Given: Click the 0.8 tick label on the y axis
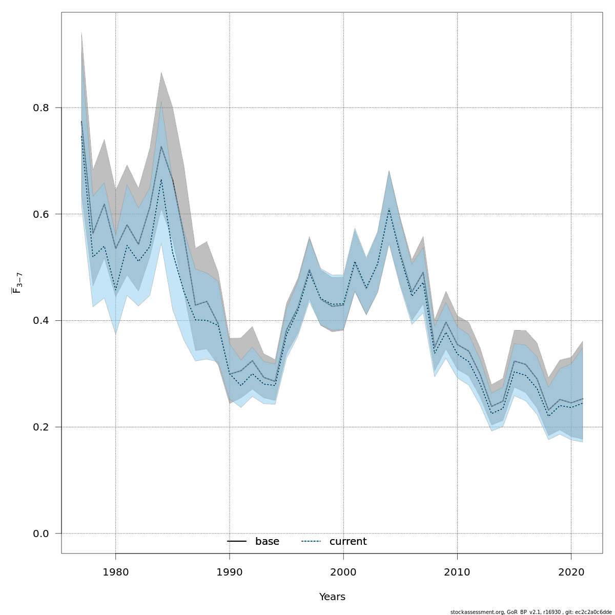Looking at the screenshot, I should point(40,108).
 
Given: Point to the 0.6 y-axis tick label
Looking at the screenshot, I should point(40,214).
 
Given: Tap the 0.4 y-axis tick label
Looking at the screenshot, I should point(40,321).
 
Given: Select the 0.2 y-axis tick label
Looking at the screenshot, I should point(40,427).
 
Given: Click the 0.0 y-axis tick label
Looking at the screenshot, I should point(40,534).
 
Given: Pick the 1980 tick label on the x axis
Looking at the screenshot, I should point(115,572).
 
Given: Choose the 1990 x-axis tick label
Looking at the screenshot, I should point(229,572).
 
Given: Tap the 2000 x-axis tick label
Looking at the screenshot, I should point(343,572).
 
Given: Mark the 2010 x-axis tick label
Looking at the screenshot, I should point(457,572).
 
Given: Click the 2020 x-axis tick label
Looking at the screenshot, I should point(571,572).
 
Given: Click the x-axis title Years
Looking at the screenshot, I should point(332,597).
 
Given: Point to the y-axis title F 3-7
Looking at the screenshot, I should point(17,283).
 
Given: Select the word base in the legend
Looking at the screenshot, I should point(267,542).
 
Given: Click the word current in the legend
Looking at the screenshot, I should point(348,542).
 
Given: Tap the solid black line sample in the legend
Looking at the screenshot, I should point(237,542).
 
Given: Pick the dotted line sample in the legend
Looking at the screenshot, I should point(311,542).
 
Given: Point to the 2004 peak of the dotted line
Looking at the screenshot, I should point(389,210).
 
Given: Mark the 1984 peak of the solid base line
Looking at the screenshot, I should point(161,147).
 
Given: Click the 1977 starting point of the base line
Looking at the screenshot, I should point(81,121).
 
